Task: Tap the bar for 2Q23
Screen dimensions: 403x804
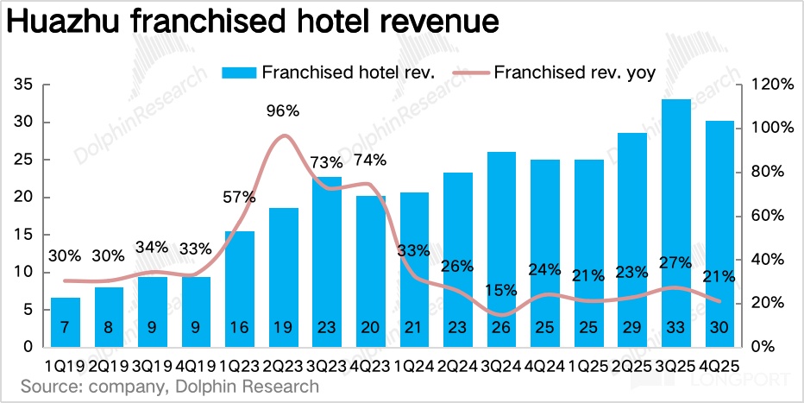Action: [284, 277]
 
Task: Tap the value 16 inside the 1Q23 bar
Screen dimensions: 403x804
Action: [240, 328]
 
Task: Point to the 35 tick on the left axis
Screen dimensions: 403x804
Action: [24, 85]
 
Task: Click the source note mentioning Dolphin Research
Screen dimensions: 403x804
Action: [169, 386]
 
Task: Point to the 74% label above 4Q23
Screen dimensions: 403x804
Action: [370, 160]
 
